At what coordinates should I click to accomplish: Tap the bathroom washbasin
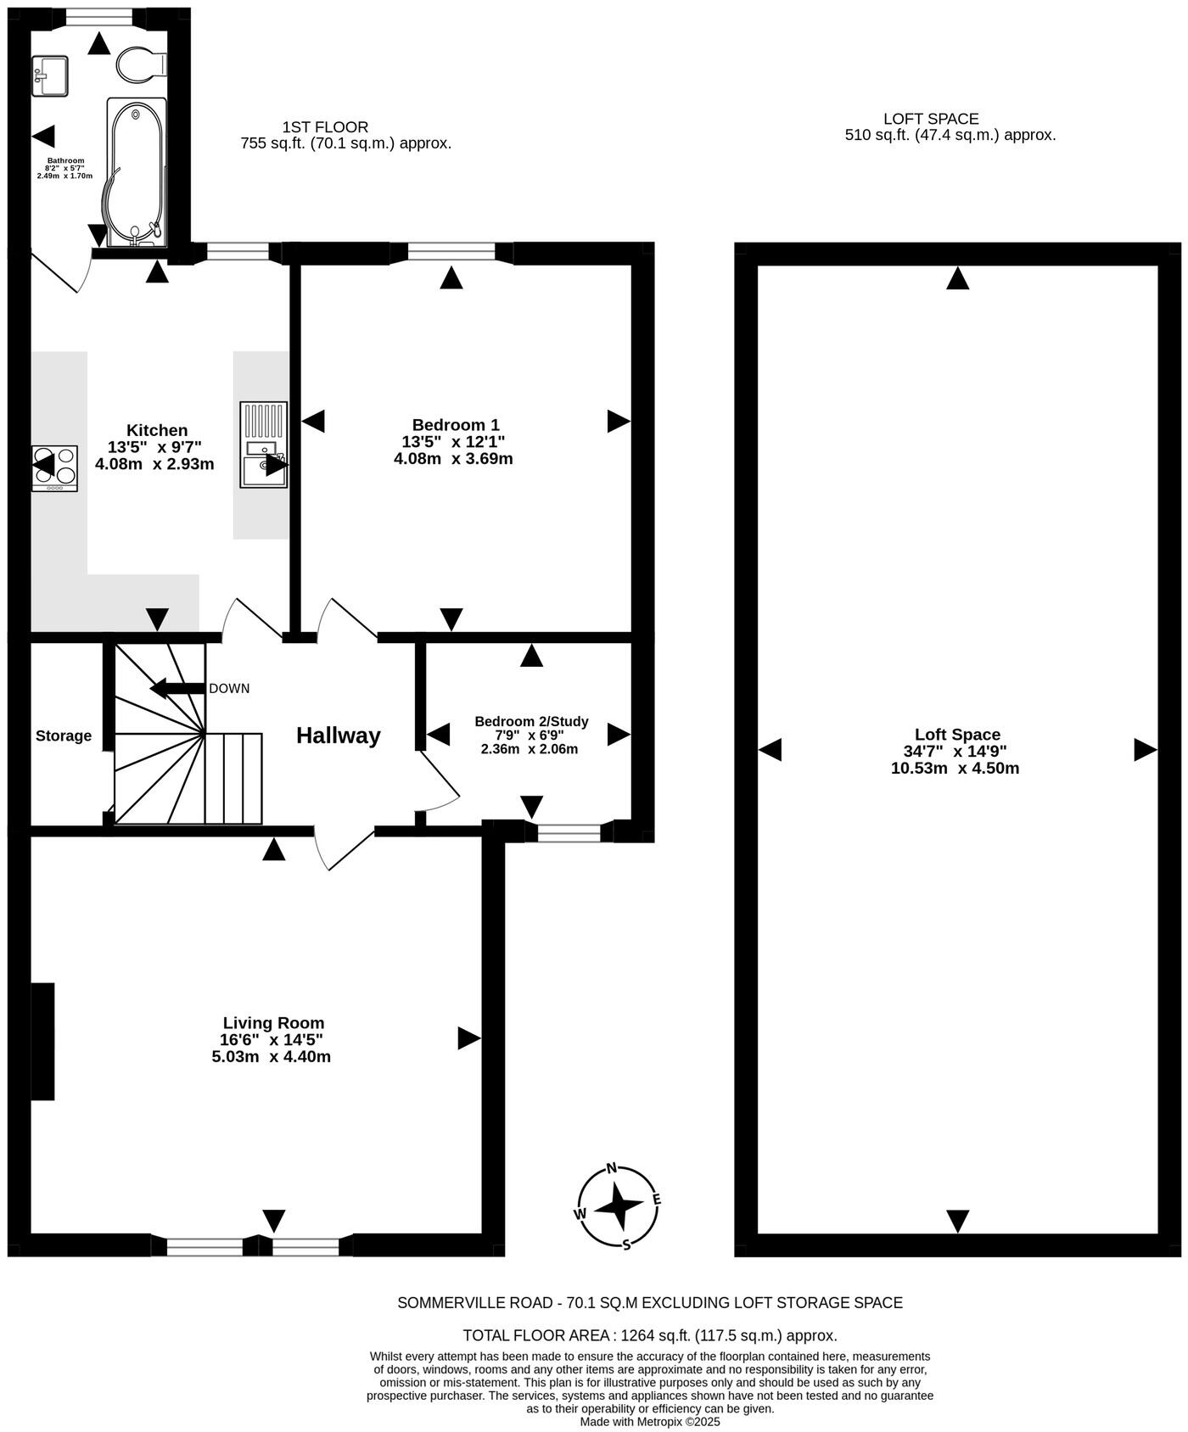50,76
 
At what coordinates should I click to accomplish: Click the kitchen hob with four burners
54,467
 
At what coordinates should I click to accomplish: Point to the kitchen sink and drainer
264,445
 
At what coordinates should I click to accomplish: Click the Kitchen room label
157,430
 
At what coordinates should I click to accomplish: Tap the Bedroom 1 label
456,425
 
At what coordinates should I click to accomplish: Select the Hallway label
338,736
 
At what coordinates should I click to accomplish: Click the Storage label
64,736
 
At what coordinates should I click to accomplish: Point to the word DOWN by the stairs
229,688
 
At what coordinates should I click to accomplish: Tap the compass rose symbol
619,1205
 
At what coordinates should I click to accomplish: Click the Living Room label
273,1023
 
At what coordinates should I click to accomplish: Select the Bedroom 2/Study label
531,722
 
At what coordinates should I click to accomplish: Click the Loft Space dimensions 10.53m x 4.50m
955,769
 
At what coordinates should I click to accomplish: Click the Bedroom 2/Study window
569,831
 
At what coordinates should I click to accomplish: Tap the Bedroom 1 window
451,251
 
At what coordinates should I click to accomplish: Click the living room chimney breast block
42,1041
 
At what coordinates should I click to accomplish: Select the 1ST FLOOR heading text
325,127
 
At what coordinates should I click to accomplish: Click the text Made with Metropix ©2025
650,1421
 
